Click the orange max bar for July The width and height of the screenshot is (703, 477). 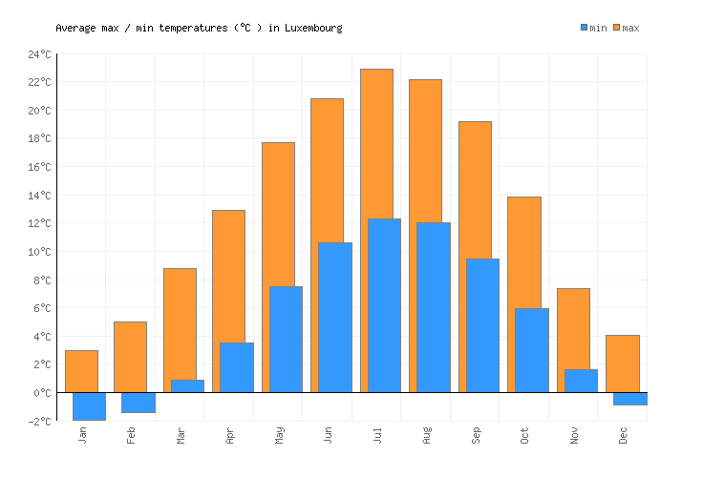tap(376, 143)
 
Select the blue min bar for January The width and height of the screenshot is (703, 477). tap(89, 406)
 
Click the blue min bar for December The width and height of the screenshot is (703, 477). tap(630, 399)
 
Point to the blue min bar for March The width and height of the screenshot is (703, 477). tap(187, 386)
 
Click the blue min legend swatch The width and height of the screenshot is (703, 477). tap(585, 28)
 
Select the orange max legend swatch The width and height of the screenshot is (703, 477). tap(617, 28)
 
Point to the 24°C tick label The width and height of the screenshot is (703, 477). tap(39, 54)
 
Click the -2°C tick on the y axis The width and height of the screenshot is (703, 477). tap(39, 422)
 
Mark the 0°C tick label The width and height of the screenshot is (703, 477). tap(42, 393)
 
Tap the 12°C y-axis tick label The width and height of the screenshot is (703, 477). tap(39, 224)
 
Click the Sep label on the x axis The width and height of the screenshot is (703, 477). tap(476, 435)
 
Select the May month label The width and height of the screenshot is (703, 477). tap(279, 435)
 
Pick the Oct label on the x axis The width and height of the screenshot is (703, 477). tap(525, 435)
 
